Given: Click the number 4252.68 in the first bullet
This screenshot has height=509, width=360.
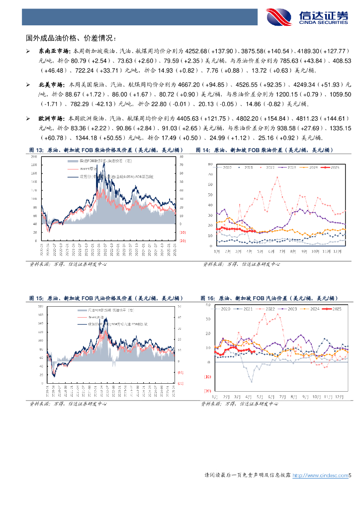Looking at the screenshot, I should (x=196, y=51).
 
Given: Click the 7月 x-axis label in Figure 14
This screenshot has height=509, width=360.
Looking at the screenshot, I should (x=283, y=251).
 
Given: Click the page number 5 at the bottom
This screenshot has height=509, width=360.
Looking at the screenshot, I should (x=350, y=476).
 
